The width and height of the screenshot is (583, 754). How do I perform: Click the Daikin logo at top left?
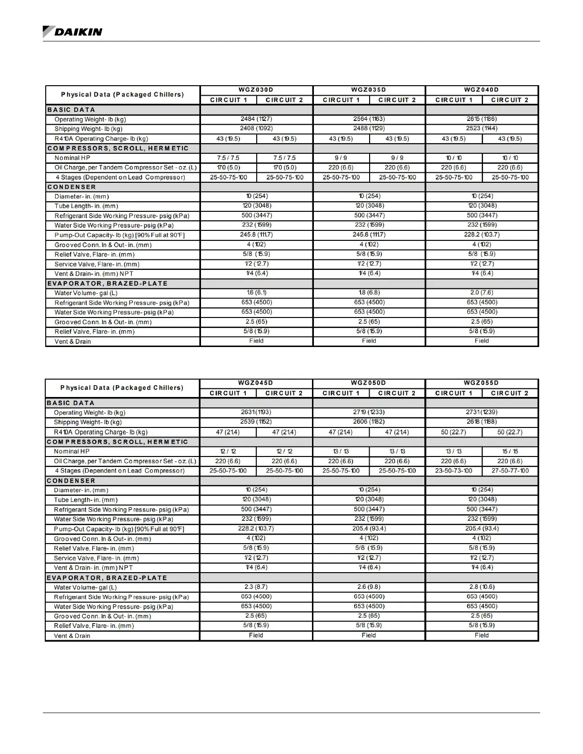72,32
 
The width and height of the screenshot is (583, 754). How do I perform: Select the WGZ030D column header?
256,89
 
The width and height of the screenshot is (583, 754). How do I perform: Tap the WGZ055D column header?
482,383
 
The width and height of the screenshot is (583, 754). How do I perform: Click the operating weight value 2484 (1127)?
256,119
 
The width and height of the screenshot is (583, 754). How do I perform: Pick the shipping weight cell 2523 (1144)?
482,128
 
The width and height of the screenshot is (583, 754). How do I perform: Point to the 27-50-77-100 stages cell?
510,470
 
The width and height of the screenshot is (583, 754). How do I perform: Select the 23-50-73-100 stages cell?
454,470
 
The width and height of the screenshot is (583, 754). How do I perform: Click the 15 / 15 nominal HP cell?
510,451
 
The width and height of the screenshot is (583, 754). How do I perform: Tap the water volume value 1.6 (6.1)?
256,292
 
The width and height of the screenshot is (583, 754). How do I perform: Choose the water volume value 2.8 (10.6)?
482,586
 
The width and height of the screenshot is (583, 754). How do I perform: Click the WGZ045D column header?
256,383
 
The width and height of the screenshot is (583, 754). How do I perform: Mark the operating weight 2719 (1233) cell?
369,412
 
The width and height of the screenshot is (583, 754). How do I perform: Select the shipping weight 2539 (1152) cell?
256,421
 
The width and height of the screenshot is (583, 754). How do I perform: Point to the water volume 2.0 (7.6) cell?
482,292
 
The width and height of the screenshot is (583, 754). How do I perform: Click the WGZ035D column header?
369,89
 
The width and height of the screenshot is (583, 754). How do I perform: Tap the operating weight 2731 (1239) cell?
482,412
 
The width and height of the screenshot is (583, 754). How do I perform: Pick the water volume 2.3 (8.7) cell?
256,586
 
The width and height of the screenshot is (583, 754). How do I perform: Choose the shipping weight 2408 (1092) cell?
256,128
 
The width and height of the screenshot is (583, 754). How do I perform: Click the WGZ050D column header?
369,383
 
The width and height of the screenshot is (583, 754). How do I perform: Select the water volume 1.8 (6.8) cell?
369,292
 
